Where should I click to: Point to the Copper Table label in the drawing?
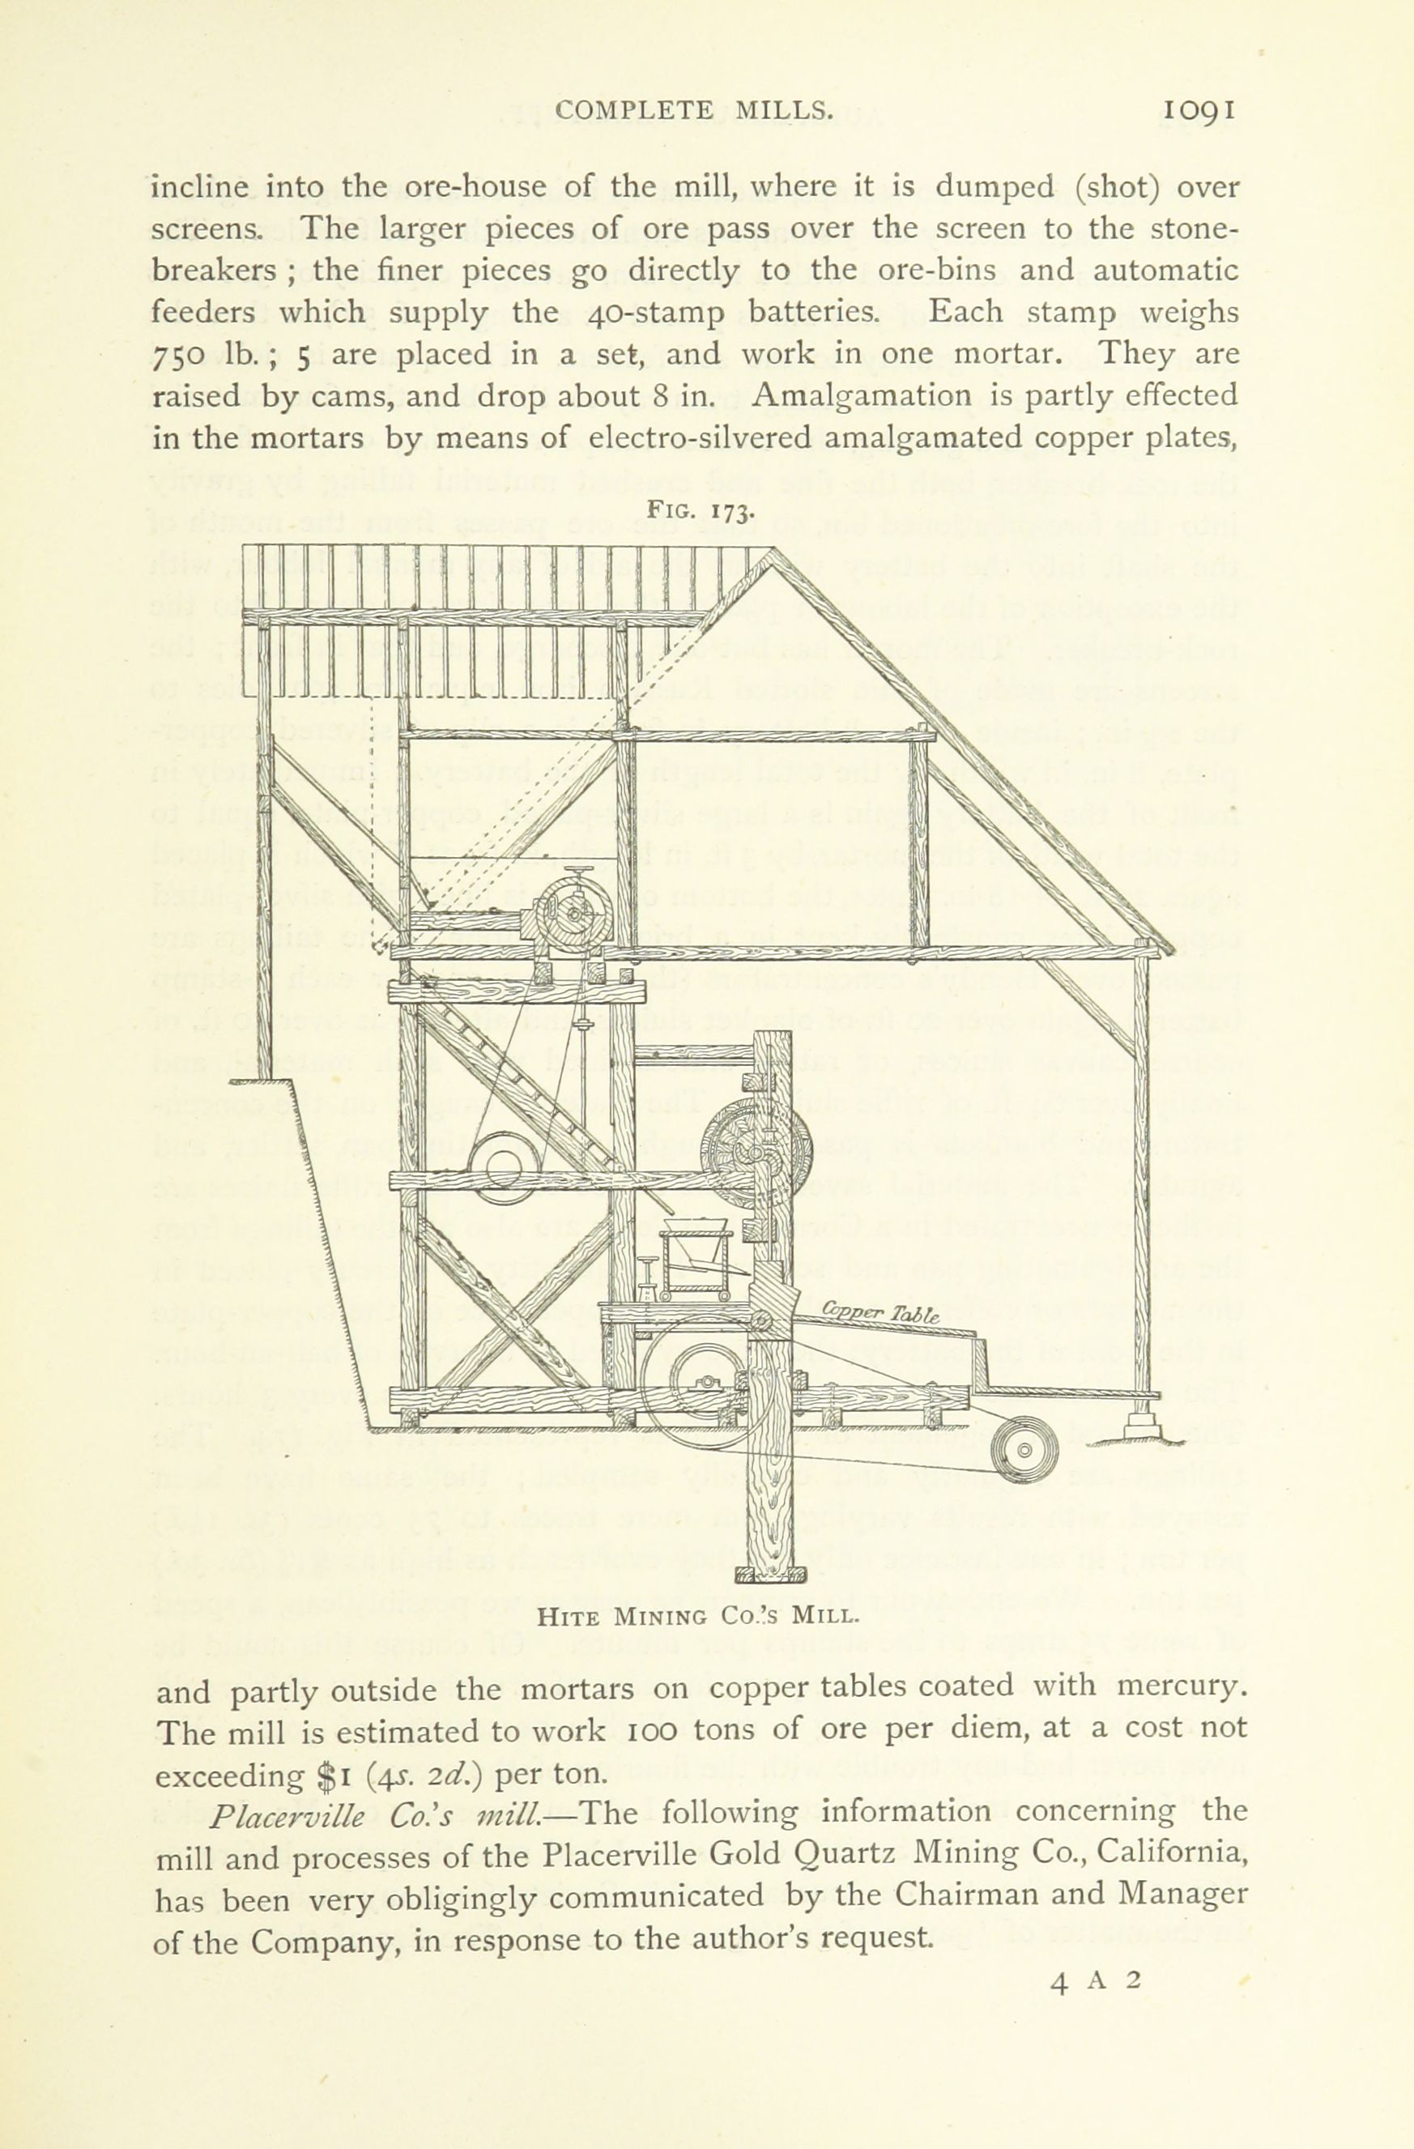tap(880, 1315)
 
